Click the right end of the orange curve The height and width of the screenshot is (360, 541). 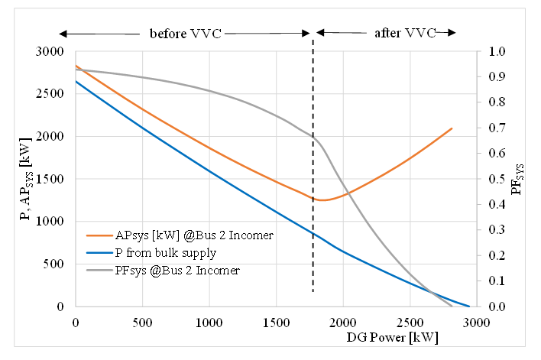[x=452, y=128]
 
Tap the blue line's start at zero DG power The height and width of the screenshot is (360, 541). [x=76, y=81]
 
